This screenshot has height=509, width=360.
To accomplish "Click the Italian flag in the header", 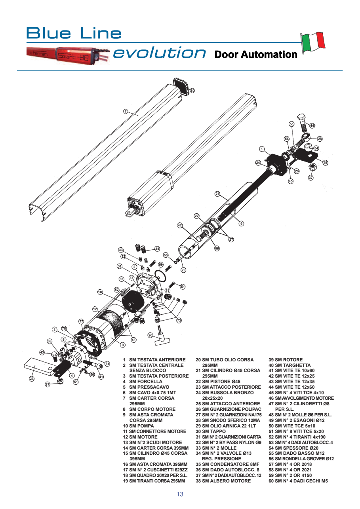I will pyautogui.click(x=313, y=42).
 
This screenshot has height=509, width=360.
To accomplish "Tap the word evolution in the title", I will pyautogui.click(x=160, y=53).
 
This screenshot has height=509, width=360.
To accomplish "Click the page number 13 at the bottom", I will pyautogui.click(x=180, y=494).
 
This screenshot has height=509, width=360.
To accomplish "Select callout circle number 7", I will pyautogui.click(x=126, y=111).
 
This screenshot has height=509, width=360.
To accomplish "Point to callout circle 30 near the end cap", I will pyautogui.click(x=192, y=91).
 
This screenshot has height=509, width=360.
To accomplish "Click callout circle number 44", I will pyautogui.click(x=312, y=125).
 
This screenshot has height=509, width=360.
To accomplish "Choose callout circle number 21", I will pyautogui.click(x=217, y=194).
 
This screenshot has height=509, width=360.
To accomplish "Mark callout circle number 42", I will pyautogui.click(x=180, y=225).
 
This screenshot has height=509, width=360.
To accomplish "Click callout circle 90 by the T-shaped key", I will pyautogui.click(x=150, y=335).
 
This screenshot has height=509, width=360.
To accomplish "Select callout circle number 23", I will pyautogui.click(x=32, y=379).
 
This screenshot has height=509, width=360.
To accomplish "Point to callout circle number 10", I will pyautogui.click(x=100, y=292).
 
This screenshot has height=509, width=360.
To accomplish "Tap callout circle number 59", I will pyautogui.click(x=161, y=264).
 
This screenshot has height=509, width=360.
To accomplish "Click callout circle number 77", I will pyautogui.click(x=81, y=321).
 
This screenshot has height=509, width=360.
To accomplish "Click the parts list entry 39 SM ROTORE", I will pyautogui.click(x=286, y=360).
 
